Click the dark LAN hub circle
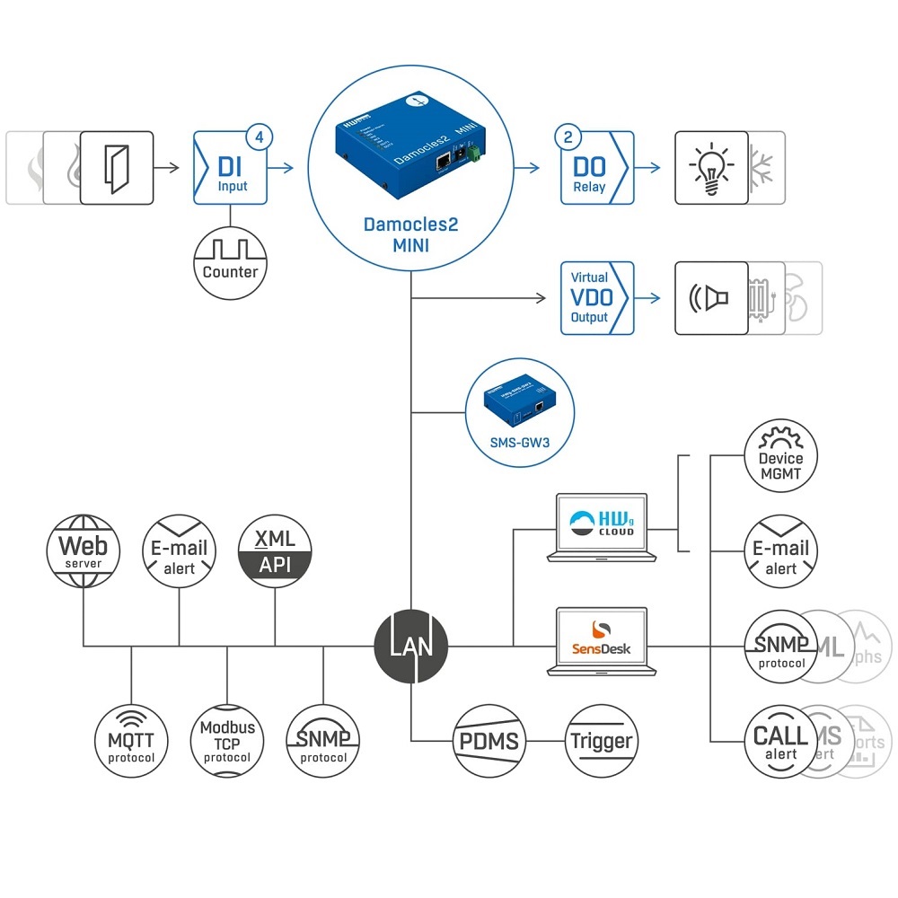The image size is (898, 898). [x=410, y=646]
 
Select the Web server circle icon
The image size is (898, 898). [x=83, y=550]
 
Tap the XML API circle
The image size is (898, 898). [x=276, y=550]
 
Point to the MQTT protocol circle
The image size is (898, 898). [x=131, y=741]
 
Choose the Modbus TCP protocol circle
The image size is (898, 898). [x=227, y=741]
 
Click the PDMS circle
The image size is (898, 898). [x=489, y=741]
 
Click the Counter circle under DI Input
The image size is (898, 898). [x=230, y=262]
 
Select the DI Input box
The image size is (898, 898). [x=232, y=168]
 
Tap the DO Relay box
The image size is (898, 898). [x=594, y=168]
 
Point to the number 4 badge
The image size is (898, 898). [x=260, y=138]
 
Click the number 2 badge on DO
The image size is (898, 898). [x=568, y=138]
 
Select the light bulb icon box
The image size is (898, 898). [x=711, y=168]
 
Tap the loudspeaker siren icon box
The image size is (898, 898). [x=711, y=298]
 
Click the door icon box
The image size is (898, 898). [x=117, y=168]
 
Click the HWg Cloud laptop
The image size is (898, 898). [x=601, y=526]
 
